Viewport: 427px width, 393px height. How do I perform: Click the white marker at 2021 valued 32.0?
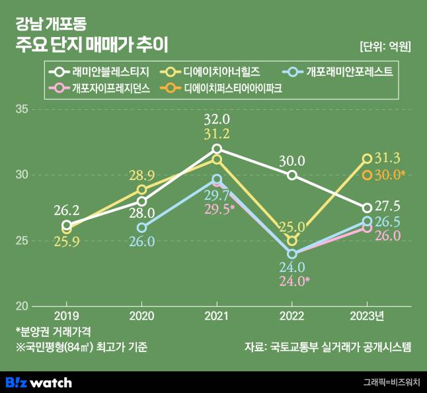(x=217, y=148)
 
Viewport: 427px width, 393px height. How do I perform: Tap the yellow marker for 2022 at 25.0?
(x=292, y=241)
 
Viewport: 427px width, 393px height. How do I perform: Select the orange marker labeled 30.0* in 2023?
(x=368, y=175)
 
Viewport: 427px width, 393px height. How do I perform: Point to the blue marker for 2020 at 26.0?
(x=141, y=228)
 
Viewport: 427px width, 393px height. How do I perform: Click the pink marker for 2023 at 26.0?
(x=368, y=228)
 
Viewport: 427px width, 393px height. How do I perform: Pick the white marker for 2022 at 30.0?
(x=292, y=175)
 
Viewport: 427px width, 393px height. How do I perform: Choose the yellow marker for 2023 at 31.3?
(x=368, y=158)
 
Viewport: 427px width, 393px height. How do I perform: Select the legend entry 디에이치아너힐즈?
(x=218, y=71)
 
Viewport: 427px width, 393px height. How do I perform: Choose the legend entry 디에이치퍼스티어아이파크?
(x=231, y=87)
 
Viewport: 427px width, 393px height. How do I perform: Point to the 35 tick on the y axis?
(x=22, y=109)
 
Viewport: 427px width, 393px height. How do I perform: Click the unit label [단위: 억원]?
(x=385, y=46)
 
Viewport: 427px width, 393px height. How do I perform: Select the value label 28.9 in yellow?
(x=141, y=175)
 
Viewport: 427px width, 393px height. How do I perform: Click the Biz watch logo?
(x=38, y=382)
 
